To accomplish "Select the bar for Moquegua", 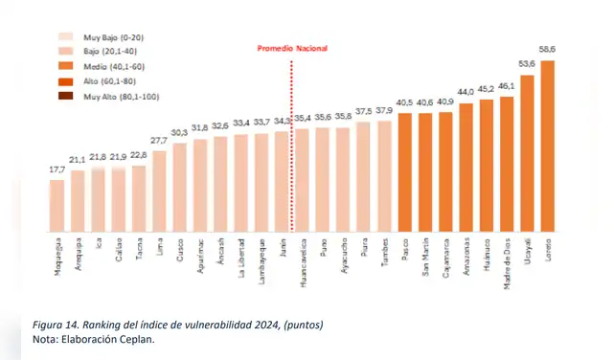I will point(57,205).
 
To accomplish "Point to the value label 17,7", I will point(57,170).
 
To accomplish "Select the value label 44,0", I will point(465,93).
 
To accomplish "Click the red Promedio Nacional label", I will point(293,48).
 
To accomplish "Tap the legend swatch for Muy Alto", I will point(66,97).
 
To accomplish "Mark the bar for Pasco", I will point(404,172).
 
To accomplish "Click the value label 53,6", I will point(527,66).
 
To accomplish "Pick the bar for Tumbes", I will point(384,176).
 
